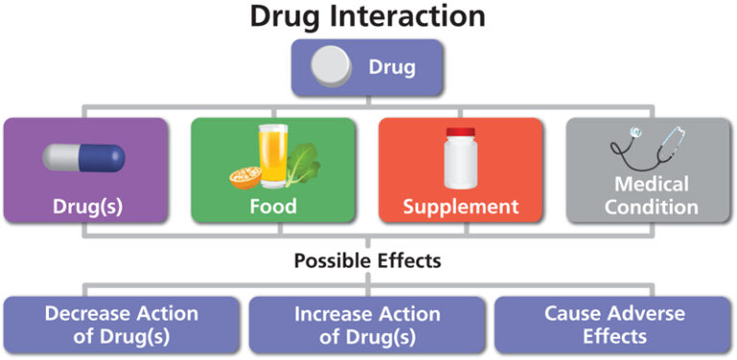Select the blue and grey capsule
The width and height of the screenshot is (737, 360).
point(83,157)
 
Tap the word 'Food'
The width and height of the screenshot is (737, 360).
point(273,206)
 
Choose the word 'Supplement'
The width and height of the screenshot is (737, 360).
point(461,206)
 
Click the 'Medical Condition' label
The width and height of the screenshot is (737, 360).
point(652,195)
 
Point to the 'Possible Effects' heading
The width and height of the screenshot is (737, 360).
point(368,260)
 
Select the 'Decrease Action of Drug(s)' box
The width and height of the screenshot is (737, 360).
point(121,324)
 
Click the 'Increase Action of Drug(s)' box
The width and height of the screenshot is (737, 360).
point(368,324)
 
